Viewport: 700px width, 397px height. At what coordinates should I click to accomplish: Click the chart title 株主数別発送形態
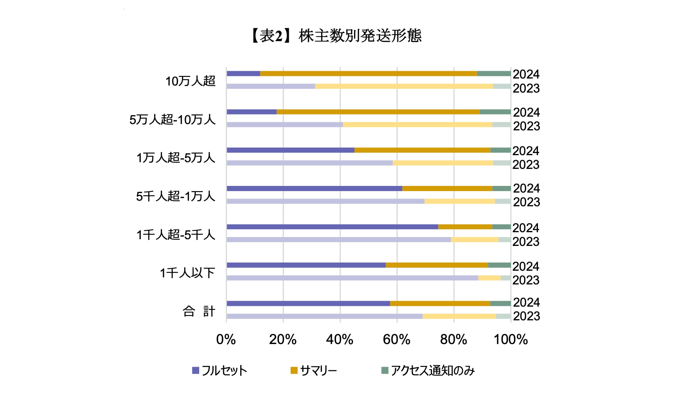coord(336,36)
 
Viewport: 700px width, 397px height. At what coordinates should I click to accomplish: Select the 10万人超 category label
coord(190,81)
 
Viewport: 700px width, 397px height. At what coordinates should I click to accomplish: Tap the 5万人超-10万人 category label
coord(172,120)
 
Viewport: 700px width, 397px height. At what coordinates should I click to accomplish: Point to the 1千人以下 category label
coord(187,273)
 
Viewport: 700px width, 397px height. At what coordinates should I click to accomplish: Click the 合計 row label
coord(199,311)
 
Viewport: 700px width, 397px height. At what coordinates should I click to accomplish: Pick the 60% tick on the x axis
coord(396,339)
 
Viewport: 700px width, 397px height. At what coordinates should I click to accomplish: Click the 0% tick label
coord(226,339)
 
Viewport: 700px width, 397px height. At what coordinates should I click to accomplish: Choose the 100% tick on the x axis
coord(511,339)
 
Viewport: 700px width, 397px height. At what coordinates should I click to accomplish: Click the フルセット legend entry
coord(219,370)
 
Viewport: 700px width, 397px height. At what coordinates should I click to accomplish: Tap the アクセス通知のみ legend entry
coord(428,370)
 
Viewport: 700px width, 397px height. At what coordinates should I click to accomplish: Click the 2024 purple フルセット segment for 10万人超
coord(243,74)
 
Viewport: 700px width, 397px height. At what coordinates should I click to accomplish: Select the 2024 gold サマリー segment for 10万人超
coord(368,74)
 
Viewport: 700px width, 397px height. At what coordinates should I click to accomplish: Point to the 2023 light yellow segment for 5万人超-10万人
coord(417,124)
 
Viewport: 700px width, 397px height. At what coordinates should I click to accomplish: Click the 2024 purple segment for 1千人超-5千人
coord(332,227)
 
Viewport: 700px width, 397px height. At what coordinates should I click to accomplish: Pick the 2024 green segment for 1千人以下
coord(499,265)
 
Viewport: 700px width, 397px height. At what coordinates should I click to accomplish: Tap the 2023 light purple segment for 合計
coord(324,316)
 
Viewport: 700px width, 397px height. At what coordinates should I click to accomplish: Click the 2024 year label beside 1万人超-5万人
coord(526,151)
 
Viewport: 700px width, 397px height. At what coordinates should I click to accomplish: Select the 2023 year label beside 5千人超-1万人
coord(526,202)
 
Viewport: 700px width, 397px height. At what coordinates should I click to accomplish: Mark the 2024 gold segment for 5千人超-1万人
coord(447,189)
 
